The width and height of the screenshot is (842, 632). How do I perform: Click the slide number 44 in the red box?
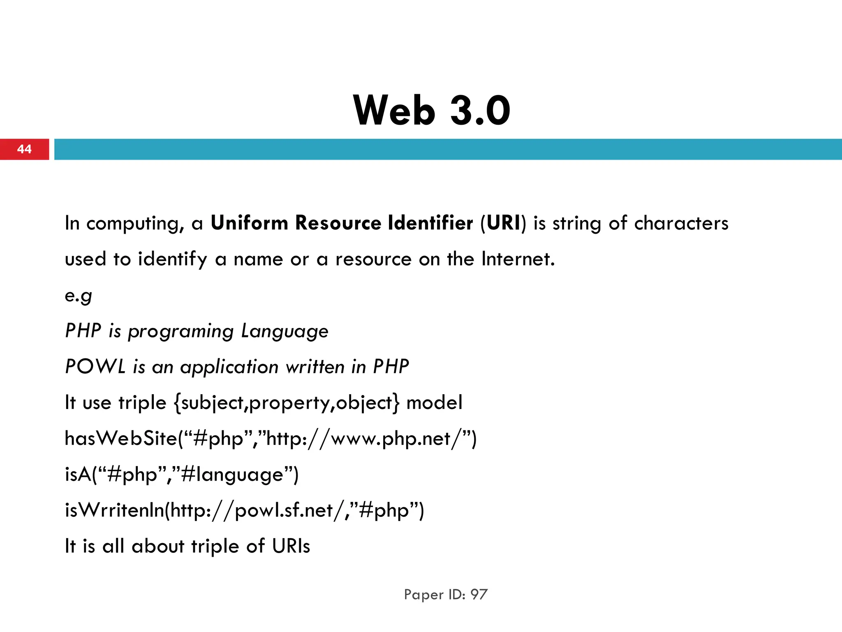point(24,149)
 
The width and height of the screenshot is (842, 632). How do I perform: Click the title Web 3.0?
point(431,110)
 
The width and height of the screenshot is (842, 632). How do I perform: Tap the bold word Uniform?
point(250,223)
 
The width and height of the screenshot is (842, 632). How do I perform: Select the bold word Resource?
point(338,223)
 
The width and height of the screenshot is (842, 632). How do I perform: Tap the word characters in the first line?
point(681,223)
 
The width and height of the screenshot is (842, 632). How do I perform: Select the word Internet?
point(518,259)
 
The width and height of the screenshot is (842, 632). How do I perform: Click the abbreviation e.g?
point(78,295)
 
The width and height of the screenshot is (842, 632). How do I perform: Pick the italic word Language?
point(285,331)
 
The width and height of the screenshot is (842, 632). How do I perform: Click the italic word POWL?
point(95,367)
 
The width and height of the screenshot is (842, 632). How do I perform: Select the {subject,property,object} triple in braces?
point(286,403)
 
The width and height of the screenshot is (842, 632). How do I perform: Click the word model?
point(434,402)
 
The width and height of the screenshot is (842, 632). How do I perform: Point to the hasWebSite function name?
point(121,438)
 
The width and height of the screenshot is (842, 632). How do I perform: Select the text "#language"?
point(232,474)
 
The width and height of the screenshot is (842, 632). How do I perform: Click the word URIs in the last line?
point(291,546)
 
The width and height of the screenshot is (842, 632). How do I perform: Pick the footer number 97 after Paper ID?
point(479,595)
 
